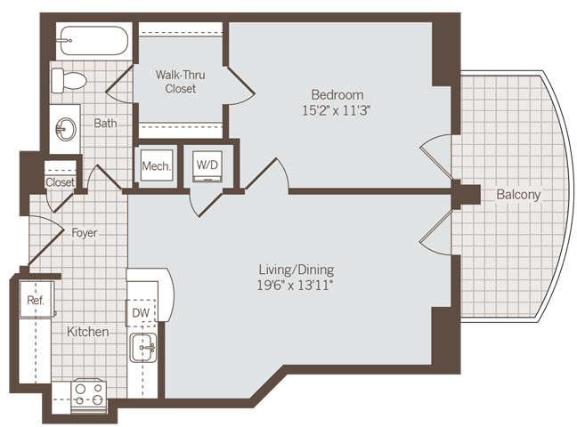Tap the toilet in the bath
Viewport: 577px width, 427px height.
[69, 81]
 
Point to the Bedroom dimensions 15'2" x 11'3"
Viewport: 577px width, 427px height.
[337, 111]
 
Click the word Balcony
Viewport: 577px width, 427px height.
[518, 194]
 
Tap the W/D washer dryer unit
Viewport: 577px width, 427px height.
[207, 165]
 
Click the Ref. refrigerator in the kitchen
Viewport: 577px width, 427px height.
[36, 301]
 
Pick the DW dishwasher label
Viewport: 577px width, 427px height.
[141, 313]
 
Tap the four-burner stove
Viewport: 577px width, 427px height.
[89, 394]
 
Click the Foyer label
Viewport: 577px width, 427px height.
[85, 233]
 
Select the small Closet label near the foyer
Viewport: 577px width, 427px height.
[60, 182]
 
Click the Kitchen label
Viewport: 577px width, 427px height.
[88, 332]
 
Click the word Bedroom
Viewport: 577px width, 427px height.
[337, 95]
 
